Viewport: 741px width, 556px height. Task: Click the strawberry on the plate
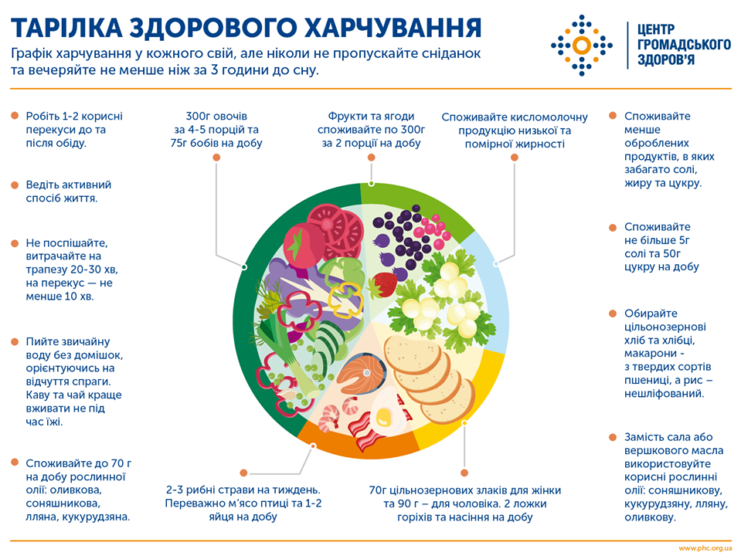[383, 285]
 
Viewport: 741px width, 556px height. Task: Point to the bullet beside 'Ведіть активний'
[15, 185]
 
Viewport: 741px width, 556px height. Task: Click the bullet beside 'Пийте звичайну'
[15, 341]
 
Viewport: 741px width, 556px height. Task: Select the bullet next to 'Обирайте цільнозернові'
[613, 314]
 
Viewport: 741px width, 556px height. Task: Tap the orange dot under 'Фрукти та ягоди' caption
[372, 157]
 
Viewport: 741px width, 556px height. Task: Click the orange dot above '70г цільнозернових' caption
[464, 471]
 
